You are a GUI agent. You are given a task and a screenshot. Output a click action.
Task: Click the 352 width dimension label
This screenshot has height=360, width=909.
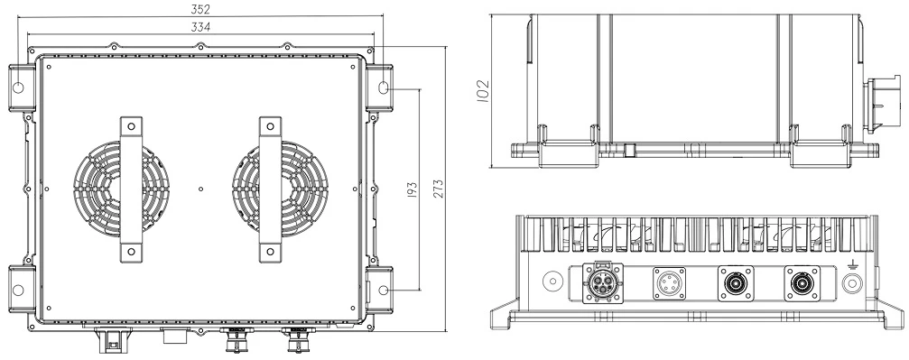[200, 9]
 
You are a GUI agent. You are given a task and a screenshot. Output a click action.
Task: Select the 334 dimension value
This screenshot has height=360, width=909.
[200, 27]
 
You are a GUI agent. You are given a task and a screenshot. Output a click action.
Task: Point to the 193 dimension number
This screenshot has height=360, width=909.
[413, 189]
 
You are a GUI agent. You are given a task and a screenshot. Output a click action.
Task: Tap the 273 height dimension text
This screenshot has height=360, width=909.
[439, 189]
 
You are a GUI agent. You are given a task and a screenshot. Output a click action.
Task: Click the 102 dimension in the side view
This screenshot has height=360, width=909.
[483, 91]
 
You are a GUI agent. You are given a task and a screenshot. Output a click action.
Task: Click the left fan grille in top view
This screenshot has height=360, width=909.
[121, 189]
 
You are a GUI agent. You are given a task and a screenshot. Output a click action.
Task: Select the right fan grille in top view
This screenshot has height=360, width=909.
[280, 189]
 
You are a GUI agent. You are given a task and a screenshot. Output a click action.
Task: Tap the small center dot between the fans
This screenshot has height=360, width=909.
[200, 189]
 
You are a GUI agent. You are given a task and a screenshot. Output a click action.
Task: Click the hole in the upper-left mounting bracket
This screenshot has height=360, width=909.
[18, 88]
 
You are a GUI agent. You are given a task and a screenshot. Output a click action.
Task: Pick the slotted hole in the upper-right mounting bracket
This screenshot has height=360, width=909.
[384, 88]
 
